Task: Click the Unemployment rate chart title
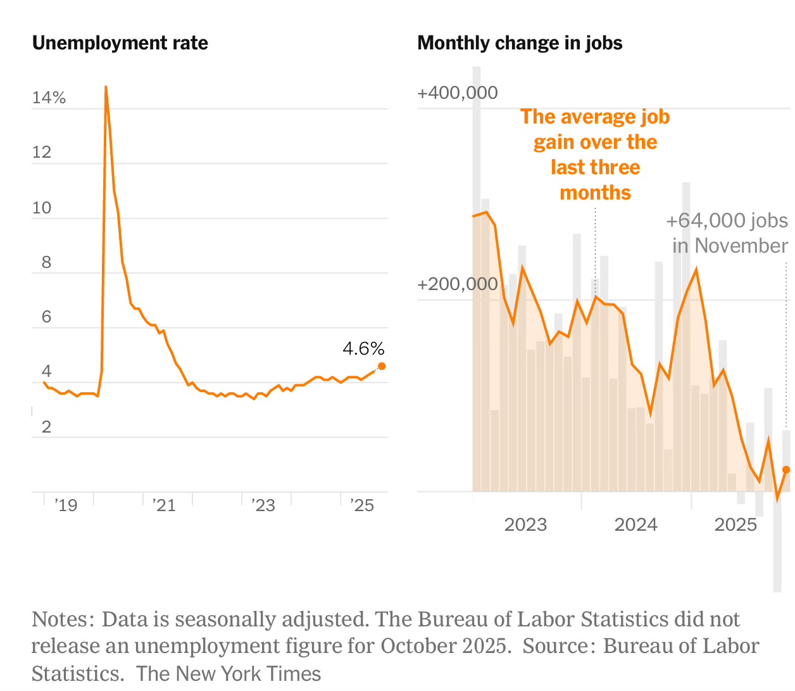coord(120,43)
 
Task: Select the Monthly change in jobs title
coord(520,43)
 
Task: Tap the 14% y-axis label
coord(49,98)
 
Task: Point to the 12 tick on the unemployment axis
coord(42,152)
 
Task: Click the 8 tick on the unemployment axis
coord(46,262)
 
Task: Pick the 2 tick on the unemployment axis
coord(46,427)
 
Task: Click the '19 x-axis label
coord(65,505)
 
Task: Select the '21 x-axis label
coord(164,505)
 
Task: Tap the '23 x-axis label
coord(263,505)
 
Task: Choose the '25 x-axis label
coord(362,505)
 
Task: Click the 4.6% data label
coord(363,348)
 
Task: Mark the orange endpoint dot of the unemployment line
coord(382,366)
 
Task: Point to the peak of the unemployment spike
coord(106,87)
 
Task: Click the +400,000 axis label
coord(457,93)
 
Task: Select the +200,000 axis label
coord(457,284)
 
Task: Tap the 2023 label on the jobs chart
coord(525,524)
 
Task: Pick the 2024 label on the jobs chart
coord(635,524)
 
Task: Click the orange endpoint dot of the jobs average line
coord(787,469)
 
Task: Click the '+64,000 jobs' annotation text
coord(727,220)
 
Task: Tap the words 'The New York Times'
coord(228,673)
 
